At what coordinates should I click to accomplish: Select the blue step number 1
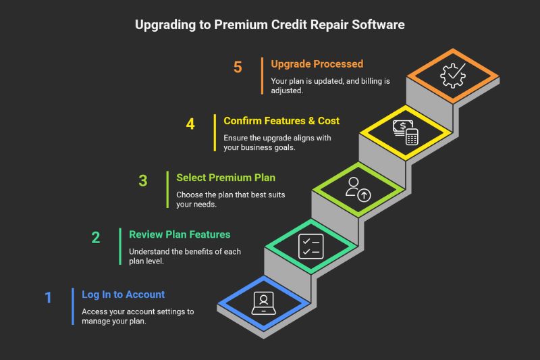pos(48,298)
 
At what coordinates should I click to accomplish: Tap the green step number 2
pos(96,238)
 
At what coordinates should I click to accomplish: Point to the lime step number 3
pos(143,180)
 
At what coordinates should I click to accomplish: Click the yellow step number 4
pos(190,124)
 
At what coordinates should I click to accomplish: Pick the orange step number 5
pos(238,68)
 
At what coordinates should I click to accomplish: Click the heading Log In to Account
pos(123,294)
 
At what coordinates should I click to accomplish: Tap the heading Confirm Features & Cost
pos(281,121)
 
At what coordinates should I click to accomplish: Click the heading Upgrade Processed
pos(317,64)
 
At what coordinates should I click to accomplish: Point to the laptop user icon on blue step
pos(263,301)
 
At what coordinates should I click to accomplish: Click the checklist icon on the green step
pos(310,246)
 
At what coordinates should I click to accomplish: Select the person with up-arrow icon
pos(357,189)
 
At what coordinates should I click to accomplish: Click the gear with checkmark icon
pos(452,75)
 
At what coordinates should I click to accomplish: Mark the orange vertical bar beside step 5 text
pos(262,75)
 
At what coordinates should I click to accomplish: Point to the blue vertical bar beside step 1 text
pos(73,306)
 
